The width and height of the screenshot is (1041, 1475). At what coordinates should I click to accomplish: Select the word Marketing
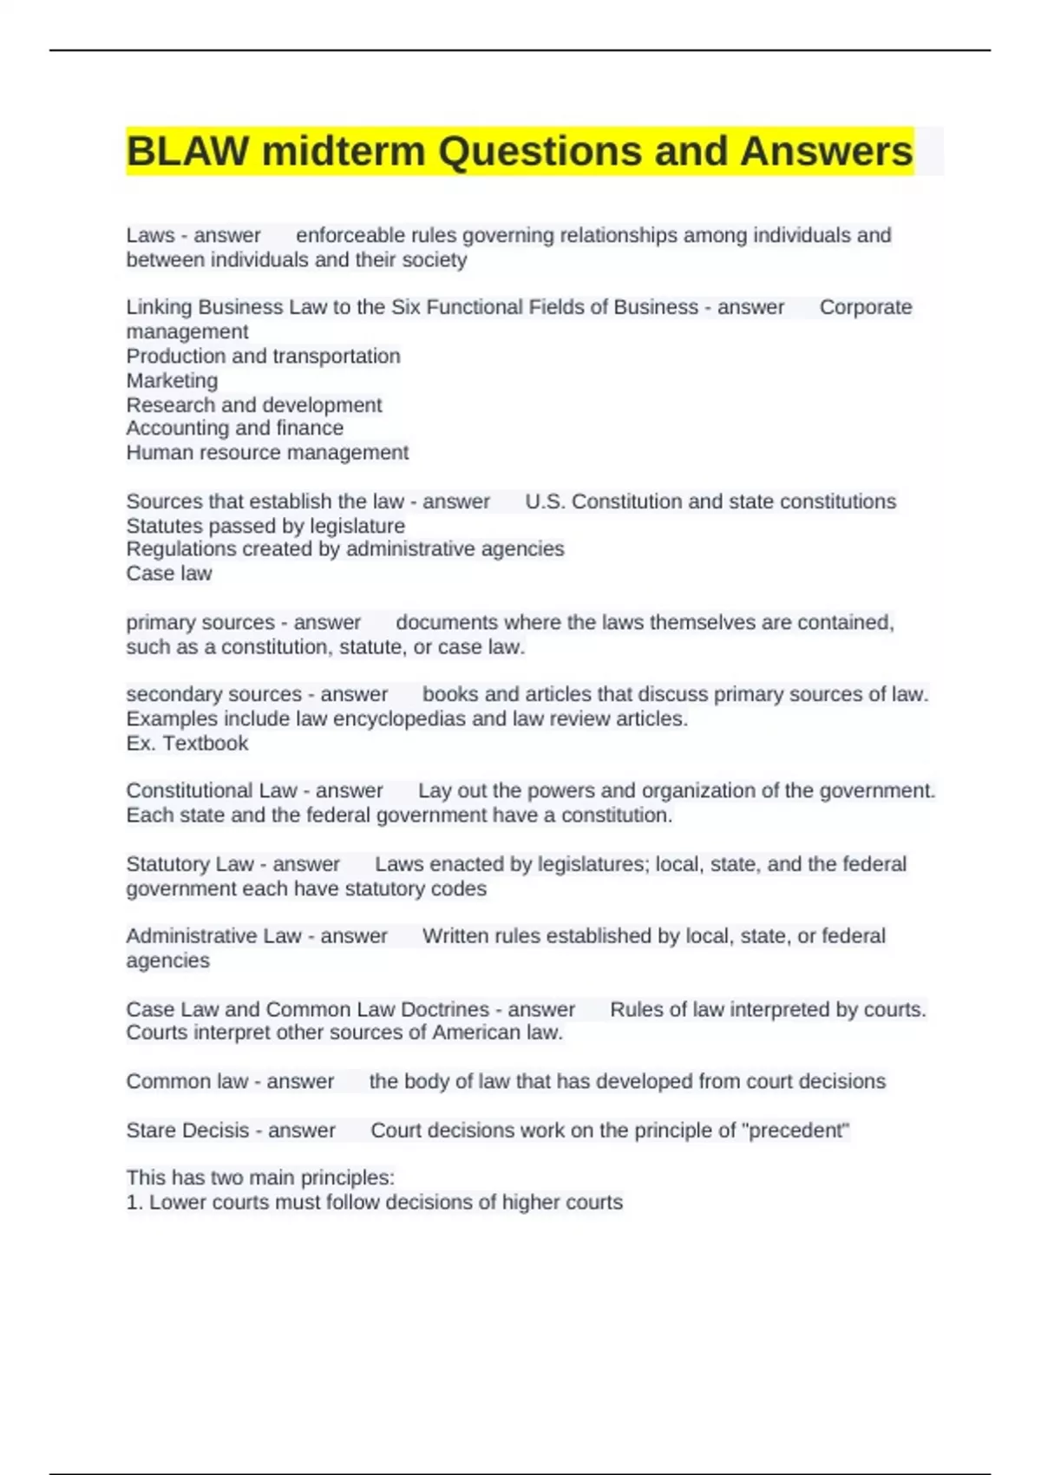click(x=172, y=380)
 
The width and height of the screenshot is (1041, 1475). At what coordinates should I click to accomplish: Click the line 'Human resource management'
click(x=267, y=452)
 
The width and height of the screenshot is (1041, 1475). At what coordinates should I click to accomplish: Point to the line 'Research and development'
click(x=253, y=404)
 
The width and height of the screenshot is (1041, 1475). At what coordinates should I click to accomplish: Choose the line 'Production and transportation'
click(x=263, y=356)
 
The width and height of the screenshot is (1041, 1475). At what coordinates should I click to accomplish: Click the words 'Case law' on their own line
click(x=169, y=573)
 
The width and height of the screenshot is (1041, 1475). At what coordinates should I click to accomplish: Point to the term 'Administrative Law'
click(x=213, y=935)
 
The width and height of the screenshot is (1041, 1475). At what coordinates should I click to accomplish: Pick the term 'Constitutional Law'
click(x=212, y=790)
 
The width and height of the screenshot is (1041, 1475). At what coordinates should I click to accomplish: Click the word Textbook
click(x=206, y=743)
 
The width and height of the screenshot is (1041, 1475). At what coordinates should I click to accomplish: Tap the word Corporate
click(x=865, y=307)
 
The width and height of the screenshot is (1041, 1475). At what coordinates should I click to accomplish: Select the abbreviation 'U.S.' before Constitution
click(x=545, y=501)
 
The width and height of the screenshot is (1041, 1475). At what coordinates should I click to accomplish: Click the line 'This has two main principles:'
click(x=260, y=1177)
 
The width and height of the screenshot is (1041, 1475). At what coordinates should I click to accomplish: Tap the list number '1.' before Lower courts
click(x=134, y=1202)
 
